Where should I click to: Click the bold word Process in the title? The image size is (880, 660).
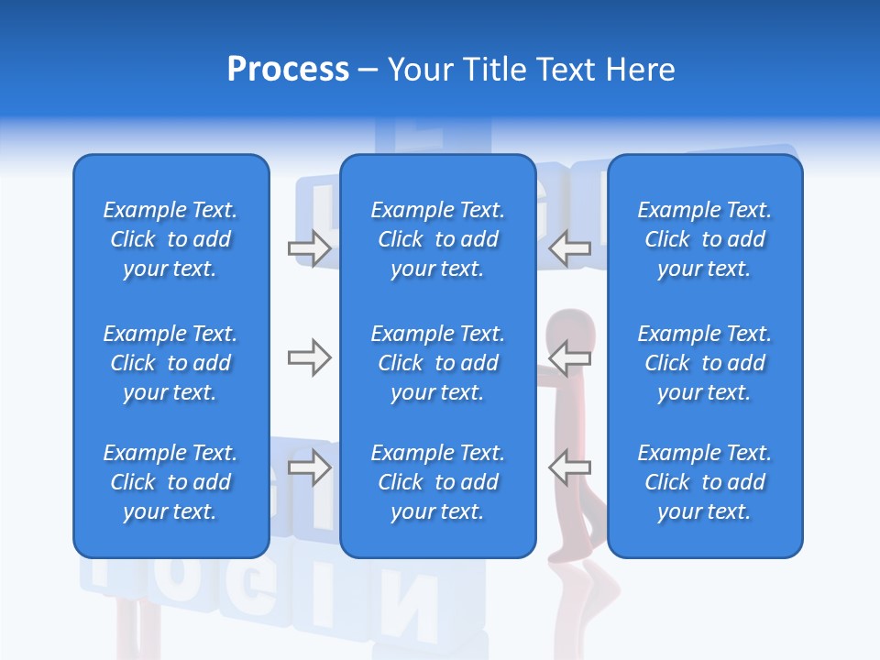288,70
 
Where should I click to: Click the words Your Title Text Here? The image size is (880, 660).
531,70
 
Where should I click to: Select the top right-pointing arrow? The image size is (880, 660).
309,247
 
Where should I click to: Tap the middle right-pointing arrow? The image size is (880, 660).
309,357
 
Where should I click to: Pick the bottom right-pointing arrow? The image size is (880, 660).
309,467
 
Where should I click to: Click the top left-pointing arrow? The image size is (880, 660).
570,247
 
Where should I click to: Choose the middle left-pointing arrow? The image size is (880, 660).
570,357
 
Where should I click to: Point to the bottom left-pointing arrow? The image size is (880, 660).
570,467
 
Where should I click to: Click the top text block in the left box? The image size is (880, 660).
170,239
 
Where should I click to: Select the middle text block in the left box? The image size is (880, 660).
170,363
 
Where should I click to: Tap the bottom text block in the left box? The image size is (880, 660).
170,482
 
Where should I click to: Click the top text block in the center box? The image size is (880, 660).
437,239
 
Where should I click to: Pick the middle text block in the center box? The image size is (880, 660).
437,363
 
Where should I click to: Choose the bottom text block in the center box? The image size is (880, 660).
437,482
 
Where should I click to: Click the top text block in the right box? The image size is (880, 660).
704,239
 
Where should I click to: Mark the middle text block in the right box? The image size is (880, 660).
704,363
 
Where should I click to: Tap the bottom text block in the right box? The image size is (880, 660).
704,482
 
